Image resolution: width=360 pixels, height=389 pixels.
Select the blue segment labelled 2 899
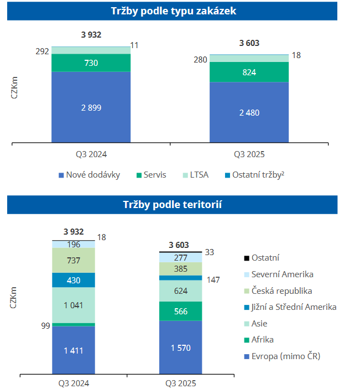tap(91, 107)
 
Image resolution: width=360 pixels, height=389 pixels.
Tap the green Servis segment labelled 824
tap(249, 72)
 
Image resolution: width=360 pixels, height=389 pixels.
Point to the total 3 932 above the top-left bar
tap(91, 35)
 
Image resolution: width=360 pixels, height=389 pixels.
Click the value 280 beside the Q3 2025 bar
tap(200, 60)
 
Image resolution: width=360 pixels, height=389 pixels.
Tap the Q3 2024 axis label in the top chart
tap(91, 153)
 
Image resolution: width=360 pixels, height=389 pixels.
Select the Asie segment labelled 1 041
tap(74, 305)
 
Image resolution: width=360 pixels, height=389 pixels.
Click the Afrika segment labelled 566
tap(180, 311)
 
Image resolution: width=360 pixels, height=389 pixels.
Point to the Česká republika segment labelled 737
tap(74, 261)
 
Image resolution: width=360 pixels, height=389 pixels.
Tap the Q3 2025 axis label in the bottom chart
tap(180, 382)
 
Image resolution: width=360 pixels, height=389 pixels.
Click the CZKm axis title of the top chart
tap(14, 88)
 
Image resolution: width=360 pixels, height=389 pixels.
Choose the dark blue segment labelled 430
tap(74, 280)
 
